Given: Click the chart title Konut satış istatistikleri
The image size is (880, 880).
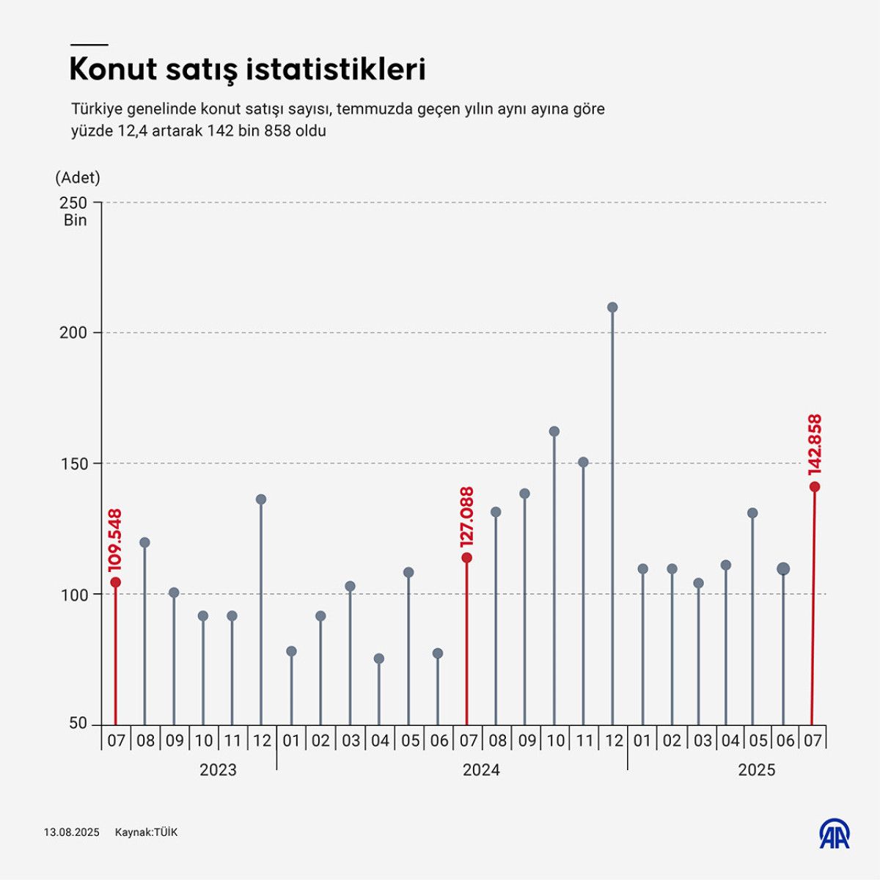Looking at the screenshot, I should (x=247, y=70).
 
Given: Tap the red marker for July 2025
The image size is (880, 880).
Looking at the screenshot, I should (x=814, y=487).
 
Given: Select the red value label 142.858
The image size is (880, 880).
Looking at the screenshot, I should (x=814, y=444).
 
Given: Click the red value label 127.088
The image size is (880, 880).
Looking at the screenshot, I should (x=466, y=517).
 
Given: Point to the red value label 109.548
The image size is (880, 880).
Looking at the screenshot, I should (x=115, y=540).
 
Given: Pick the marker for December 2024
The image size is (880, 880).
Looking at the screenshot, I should (x=612, y=307).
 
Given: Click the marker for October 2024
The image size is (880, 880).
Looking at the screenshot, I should (x=554, y=432).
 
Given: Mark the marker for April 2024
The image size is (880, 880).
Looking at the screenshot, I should (x=379, y=659).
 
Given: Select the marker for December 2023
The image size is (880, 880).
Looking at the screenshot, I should (x=261, y=499).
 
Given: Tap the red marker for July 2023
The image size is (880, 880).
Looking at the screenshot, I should (x=115, y=582).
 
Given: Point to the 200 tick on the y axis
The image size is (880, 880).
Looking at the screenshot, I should (x=73, y=333).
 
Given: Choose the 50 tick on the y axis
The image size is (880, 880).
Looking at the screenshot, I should (x=78, y=724).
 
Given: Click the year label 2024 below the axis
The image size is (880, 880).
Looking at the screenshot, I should (x=481, y=770).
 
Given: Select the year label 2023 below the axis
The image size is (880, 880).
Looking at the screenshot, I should (x=218, y=770).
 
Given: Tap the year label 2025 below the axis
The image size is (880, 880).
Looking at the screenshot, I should (x=756, y=770).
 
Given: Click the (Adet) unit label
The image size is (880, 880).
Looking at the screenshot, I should (x=78, y=177).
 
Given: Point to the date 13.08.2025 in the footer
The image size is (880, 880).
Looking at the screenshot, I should (x=71, y=832).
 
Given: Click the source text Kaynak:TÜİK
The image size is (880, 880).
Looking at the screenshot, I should (x=146, y=832).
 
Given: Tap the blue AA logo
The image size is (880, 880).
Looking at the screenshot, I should (x=835, y=833).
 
